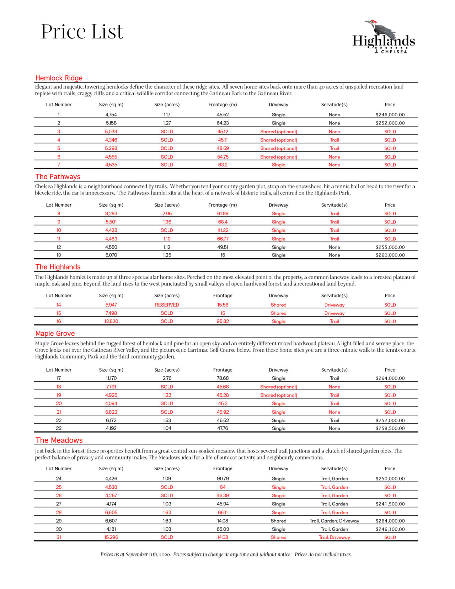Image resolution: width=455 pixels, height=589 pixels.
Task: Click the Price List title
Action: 82,32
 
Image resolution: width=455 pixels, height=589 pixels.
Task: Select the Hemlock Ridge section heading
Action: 59,78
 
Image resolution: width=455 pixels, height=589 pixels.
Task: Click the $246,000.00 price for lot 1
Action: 390,115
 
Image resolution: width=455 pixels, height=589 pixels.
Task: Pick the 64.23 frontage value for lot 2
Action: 223,123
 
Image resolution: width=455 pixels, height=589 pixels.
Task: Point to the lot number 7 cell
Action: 59,165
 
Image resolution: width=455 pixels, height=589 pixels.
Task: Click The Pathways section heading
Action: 58,177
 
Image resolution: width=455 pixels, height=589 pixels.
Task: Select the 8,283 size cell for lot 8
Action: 111,213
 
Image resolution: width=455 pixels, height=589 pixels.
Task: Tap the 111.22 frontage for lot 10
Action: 223,230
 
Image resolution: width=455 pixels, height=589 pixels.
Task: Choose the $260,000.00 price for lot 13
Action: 390,255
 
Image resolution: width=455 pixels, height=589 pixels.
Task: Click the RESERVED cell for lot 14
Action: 167,305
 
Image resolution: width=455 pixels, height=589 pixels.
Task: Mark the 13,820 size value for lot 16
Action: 111,321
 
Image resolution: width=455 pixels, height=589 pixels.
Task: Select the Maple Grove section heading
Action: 55,334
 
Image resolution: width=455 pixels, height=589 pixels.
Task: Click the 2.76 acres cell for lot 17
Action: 167,378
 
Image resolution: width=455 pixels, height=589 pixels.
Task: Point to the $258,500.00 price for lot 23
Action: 390,428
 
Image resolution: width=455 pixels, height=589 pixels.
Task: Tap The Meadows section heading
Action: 59,440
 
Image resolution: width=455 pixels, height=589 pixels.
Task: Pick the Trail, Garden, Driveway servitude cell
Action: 334,521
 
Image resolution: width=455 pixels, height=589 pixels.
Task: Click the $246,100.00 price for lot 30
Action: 390,529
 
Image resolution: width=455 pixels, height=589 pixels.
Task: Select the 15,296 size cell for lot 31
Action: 111,537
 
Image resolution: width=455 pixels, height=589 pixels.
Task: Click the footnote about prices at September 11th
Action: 226,554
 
